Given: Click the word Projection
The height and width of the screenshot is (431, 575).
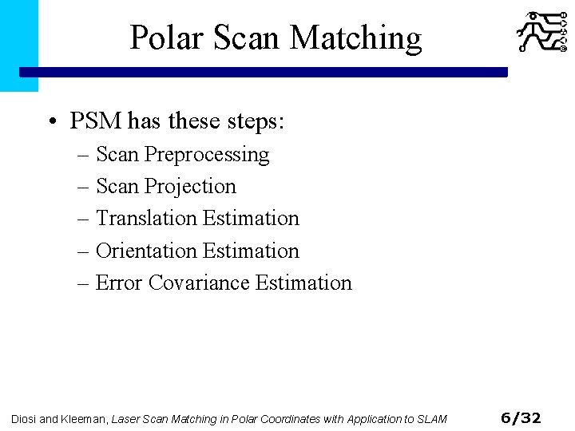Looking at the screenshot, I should tap(191, 186).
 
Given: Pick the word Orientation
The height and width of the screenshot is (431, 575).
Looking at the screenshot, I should tap(146, 251).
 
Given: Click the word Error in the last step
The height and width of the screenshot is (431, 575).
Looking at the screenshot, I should tap(119, 283).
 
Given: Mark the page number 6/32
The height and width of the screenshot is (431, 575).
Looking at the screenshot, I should tap(520, 417).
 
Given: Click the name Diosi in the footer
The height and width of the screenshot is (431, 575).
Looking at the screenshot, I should tap(24, 418).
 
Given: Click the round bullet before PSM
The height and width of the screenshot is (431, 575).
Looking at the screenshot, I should tap(52, 122).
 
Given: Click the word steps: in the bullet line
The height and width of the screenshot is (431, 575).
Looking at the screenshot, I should tap(256, 121).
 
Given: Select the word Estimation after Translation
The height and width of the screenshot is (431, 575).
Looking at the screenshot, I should tap(251, 218).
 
